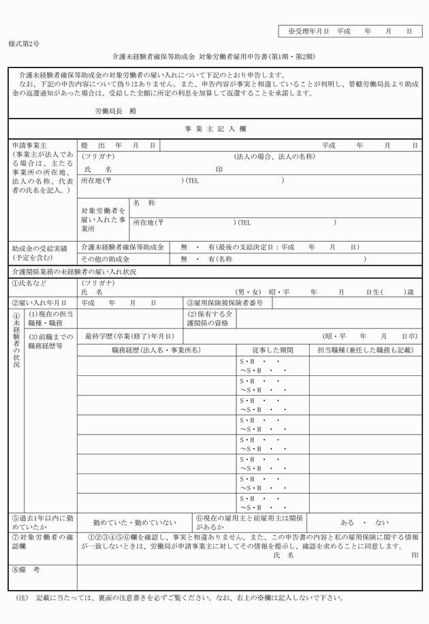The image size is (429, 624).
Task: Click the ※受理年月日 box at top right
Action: tap(350, 31)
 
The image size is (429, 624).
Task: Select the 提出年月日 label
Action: tap(118, 146)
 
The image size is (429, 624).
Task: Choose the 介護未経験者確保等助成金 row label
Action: tap(123, 247)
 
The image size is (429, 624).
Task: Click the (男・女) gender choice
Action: tap(249, 291)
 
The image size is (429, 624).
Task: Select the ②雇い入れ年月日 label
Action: tap(39, 302)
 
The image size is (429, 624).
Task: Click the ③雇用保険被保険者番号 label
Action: tap(225, 302)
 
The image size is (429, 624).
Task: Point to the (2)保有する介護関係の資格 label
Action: tap(210, 319)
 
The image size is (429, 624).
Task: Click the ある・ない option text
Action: tap(364, 522)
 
